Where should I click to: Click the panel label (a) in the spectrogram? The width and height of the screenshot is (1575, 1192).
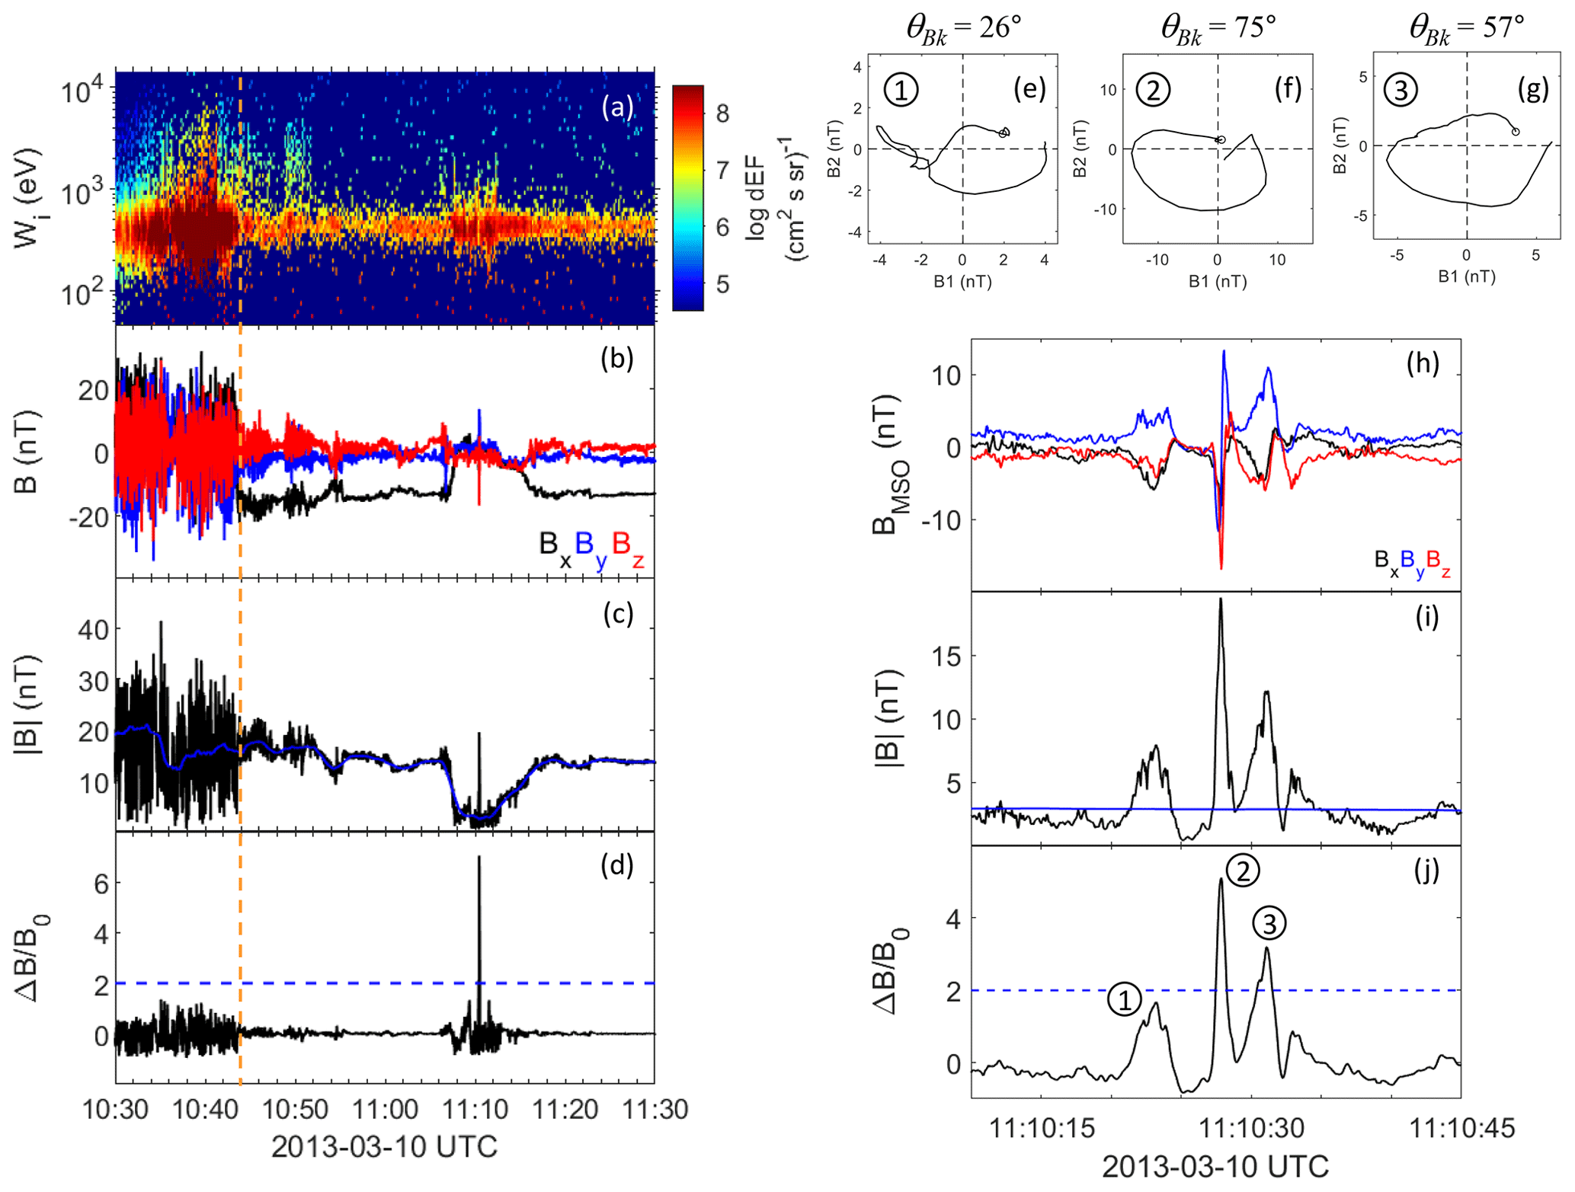pos(616,107)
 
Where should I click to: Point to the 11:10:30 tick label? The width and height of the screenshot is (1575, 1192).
pos(1251,1127)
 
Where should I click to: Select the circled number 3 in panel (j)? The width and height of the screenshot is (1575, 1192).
pos(1269,923)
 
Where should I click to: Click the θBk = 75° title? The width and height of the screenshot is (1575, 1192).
pos(1218,28)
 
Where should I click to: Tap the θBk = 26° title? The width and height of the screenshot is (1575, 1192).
pos(963,28)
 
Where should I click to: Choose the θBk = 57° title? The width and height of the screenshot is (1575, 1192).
pos(1466,28)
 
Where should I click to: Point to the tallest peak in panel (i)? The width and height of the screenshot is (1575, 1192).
pos(1221,599)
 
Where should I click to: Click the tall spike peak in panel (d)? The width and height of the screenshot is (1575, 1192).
pos(479,857)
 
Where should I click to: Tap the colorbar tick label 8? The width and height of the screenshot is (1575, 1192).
pos(722,113)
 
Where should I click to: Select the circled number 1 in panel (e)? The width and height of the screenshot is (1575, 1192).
pos(901,90)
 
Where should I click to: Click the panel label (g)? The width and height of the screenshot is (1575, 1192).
pos(1532,89)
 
